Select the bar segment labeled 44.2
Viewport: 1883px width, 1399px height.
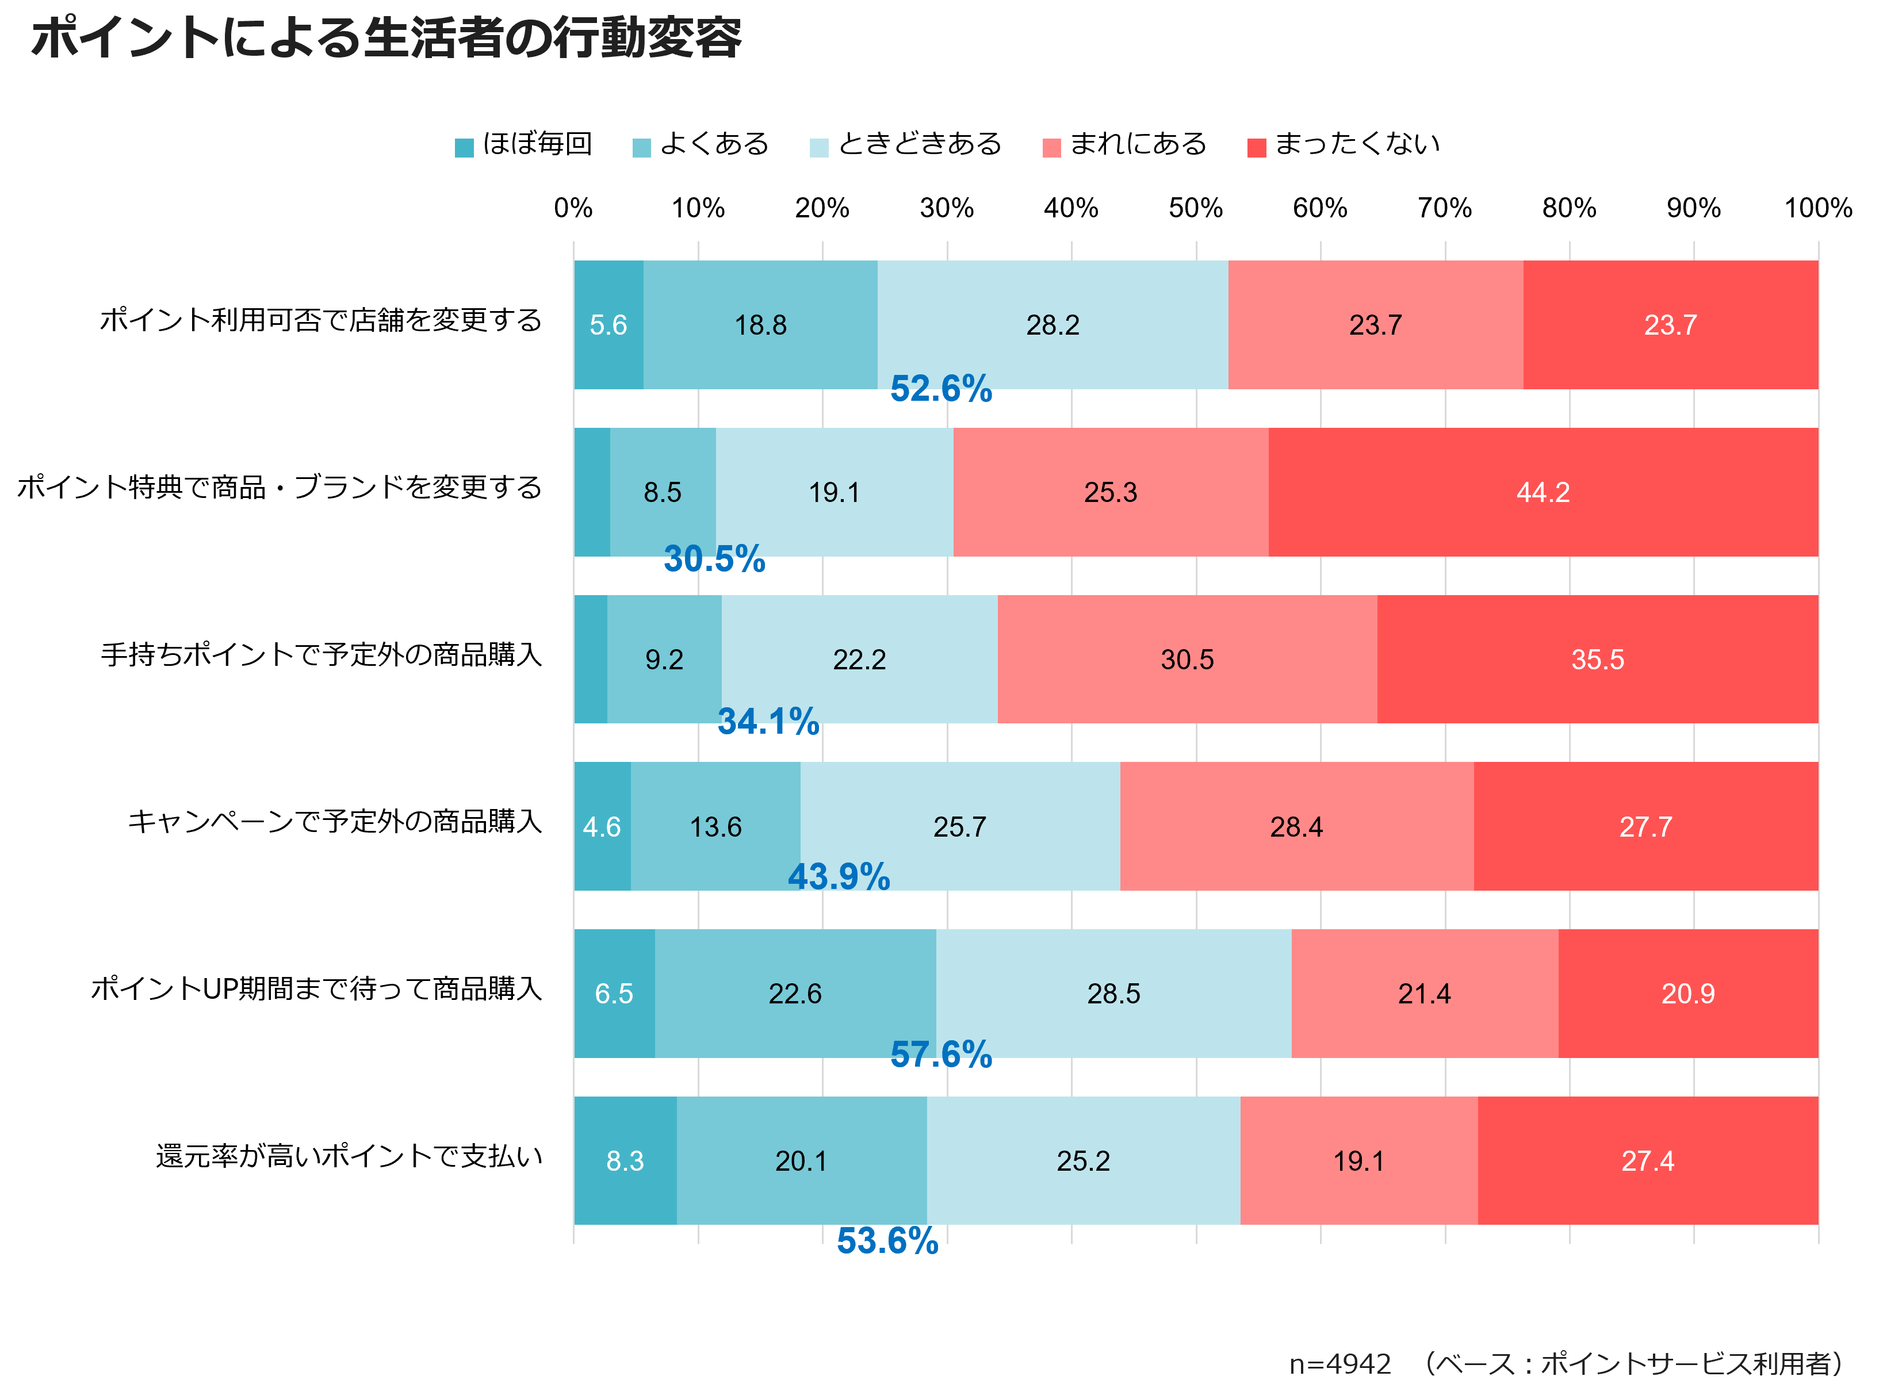1543,492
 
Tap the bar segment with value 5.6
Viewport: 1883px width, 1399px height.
608,325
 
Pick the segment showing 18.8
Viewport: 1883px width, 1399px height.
760,325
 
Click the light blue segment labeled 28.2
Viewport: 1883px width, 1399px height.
1052,325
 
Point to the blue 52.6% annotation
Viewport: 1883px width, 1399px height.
941,389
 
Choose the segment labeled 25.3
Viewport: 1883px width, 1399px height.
1111,492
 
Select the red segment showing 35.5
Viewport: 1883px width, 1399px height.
1598,660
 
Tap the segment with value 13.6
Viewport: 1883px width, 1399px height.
715,826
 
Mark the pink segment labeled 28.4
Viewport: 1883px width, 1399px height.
1296,826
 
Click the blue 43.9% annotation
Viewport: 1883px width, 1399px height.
839,876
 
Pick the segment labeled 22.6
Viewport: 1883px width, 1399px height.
794,994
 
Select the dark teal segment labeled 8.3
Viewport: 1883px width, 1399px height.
625,1161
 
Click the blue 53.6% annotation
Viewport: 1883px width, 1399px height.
887,1241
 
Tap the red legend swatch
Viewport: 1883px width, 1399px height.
1257,148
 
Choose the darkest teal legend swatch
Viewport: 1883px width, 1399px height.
464,148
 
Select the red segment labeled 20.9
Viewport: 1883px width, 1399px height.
1687,994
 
